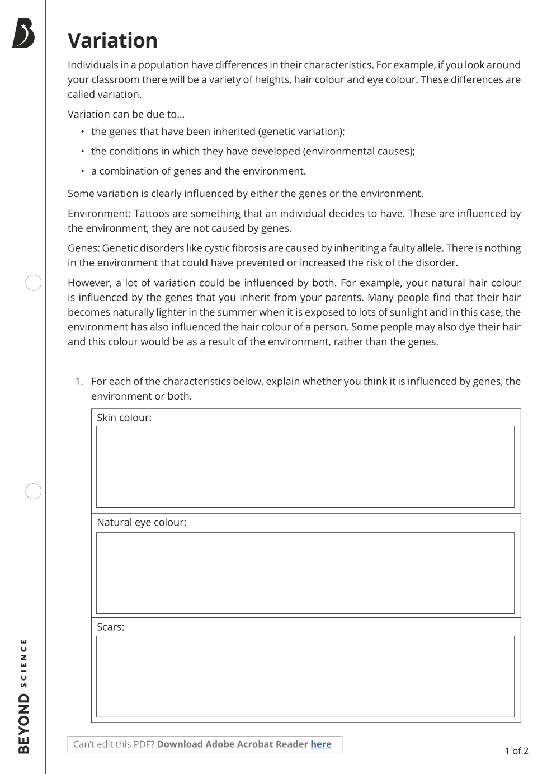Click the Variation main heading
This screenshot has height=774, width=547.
[x=112, y=41]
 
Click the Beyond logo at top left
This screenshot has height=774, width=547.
[x=23, y=33]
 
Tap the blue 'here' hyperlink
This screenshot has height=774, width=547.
[x=321, y=744]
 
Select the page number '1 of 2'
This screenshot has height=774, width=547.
[x=516, y=751]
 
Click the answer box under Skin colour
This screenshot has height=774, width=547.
[x=305, y=467]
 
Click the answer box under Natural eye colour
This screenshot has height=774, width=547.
[x=305, y=573]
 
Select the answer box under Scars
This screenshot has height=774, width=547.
[x=305, y=676]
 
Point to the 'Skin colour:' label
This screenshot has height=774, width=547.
[x=124, y=418]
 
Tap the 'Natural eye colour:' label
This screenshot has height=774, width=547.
[x=142, y=522]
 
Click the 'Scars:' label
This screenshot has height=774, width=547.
[x=111, y=627]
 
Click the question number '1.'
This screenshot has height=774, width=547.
[x=79, y=381]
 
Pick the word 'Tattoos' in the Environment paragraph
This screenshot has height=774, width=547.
[x=152, y=213]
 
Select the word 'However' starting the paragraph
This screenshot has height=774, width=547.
[x=88, y=283]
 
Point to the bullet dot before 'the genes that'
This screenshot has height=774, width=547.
[x=82, y=132]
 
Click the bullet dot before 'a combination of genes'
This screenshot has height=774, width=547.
[x=82, y=171]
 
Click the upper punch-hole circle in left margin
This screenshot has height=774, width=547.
[x=34, y=283]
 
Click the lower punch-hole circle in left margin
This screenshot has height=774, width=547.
[x=34, y=491]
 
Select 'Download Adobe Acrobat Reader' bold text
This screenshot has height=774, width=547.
[x=232, y=744]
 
